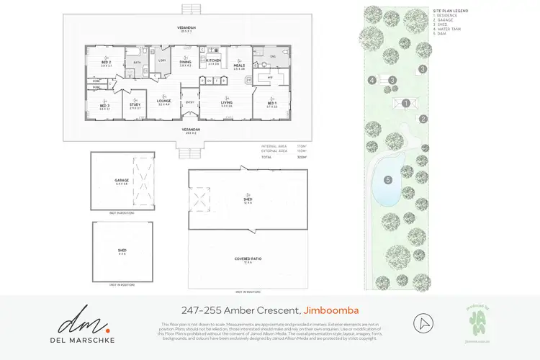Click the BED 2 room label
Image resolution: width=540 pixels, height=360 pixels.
106,62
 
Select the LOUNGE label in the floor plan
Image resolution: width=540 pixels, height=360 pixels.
163,102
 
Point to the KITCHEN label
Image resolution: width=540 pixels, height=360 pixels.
213,60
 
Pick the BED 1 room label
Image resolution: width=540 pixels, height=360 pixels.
272,104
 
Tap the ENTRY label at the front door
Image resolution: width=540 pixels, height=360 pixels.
190,102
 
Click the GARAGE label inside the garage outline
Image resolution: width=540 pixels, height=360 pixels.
121,181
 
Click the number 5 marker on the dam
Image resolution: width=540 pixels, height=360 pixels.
388,179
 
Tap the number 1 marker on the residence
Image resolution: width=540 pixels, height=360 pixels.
406,103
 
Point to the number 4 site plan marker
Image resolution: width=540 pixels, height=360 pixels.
372,80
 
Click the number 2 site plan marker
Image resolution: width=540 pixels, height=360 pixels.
424,119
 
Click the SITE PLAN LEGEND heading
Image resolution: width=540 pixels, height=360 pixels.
451,11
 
